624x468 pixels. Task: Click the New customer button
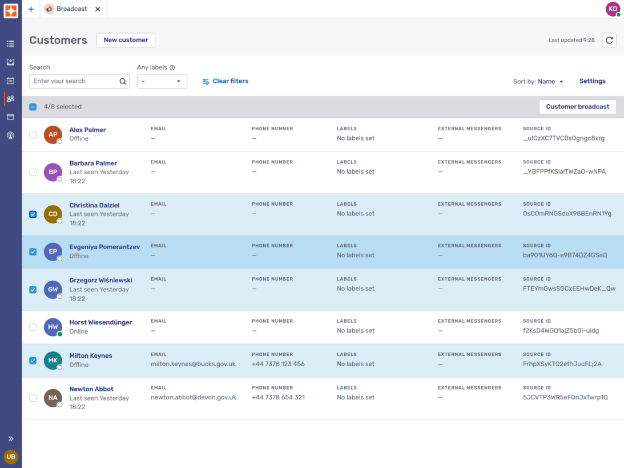[x=126, y=40]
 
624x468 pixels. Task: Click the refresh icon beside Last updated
[x=609, y=41]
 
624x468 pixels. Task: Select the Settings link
[x=592, y=81]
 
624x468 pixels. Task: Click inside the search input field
[x=74, y=81]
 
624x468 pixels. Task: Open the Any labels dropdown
[x=162, y=81]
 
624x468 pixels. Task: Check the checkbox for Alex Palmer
[x=33, y=135]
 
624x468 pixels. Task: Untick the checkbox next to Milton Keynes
[x=33, y=361]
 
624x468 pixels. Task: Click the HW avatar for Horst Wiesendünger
[x=53, y=327]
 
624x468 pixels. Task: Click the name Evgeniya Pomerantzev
[x=104, y=247]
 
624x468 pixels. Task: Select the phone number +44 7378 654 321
[x=278, y=397]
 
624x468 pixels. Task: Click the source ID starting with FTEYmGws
[x=569, y=289]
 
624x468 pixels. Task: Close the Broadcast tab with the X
[x=98, y=9]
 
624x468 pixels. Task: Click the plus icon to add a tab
[x=31, y=9]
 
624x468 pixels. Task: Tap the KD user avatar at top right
[x=613, y=9]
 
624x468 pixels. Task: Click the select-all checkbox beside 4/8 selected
[x=33, y=107]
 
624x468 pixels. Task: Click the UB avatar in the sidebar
[x=11, y=457]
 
